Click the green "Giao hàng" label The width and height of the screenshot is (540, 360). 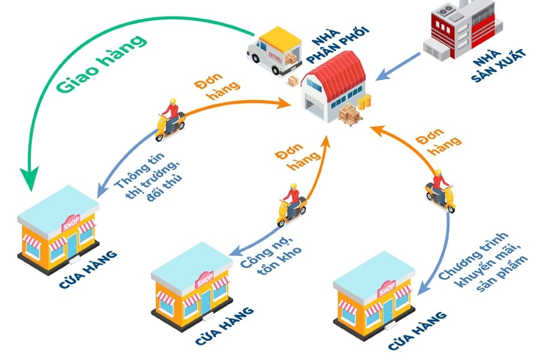coord(103,65)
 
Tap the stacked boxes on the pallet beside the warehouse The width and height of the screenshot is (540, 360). coord(350,113)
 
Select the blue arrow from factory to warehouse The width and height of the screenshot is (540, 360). coord(398,66)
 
